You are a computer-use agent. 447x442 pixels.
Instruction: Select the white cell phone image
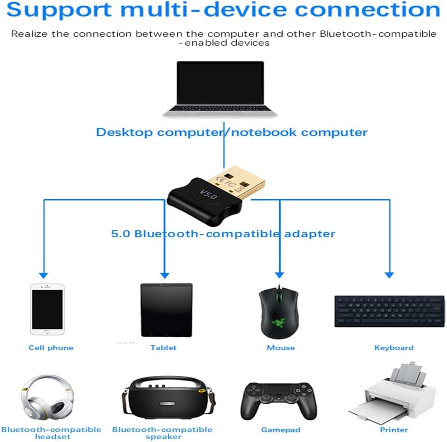pos(47,309)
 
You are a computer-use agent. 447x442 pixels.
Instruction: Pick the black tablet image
pos(166,310)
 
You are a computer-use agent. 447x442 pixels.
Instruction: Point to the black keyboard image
pos(389,311)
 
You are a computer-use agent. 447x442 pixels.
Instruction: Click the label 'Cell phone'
pos(51,348)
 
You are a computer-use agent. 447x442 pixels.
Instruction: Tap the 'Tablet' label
pos(163,348)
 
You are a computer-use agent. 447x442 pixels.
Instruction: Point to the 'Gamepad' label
pos(281,430)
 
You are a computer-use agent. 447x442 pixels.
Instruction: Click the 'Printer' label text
pos(394,430)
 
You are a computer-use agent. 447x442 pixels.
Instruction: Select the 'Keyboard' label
pos(394,348)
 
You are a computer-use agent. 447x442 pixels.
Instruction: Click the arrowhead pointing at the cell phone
pos(43,275)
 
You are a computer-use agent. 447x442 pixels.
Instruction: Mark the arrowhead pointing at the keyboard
pos(389,275)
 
